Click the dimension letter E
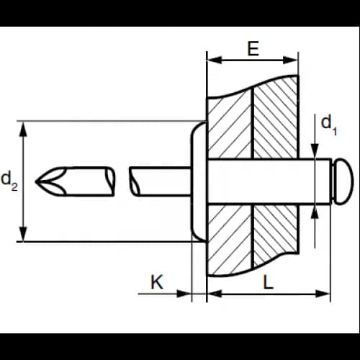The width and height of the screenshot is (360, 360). pos(253,48)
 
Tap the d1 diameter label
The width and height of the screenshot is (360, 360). pos(329,125)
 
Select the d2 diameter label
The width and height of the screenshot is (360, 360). pos(9,181)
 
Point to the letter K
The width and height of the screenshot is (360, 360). pos(157,282)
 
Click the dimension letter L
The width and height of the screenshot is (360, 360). pos(269,282)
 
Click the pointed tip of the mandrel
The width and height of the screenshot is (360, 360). pos(36,181)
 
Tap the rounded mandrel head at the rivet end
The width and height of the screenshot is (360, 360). pos(343,181)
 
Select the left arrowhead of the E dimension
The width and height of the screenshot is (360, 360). pos(215,60)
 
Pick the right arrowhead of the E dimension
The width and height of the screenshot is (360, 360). pos(290,60)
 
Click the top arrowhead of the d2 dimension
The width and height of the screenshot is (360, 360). pos(23,129)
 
